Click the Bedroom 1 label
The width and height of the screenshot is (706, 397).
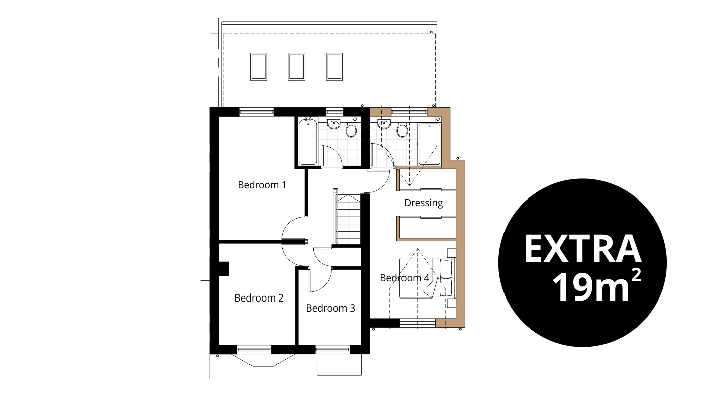tap(262, 185)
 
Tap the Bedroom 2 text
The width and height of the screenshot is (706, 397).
tap(259, 297)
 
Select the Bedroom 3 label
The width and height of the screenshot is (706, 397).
tap(330, 308)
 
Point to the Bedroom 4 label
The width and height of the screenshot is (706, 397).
tap(405, 278)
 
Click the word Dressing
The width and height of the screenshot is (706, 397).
tap(424, 203)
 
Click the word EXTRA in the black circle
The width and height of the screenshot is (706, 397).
tap(582, 249)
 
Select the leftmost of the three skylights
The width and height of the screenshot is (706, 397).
tap(259, 67)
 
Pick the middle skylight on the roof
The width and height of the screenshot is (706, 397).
tap(296, 67)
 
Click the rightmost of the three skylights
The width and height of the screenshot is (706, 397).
tap(334, 67)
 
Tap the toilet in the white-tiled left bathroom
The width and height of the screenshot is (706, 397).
tap(351, 129)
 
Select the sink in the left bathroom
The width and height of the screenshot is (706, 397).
tap(334, 124)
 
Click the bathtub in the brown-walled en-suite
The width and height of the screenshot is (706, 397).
tap(429, 144)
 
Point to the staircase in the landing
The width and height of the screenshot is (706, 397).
tap(349, 219)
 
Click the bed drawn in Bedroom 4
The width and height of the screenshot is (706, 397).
tap(428, 278)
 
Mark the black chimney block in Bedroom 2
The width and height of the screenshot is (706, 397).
tap(224, 269)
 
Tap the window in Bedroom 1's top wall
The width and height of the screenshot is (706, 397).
tap(256, 112)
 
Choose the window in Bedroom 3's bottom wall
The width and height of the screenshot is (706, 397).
tap(333, 349)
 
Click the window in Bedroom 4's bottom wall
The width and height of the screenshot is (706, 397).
tap(418, 323)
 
